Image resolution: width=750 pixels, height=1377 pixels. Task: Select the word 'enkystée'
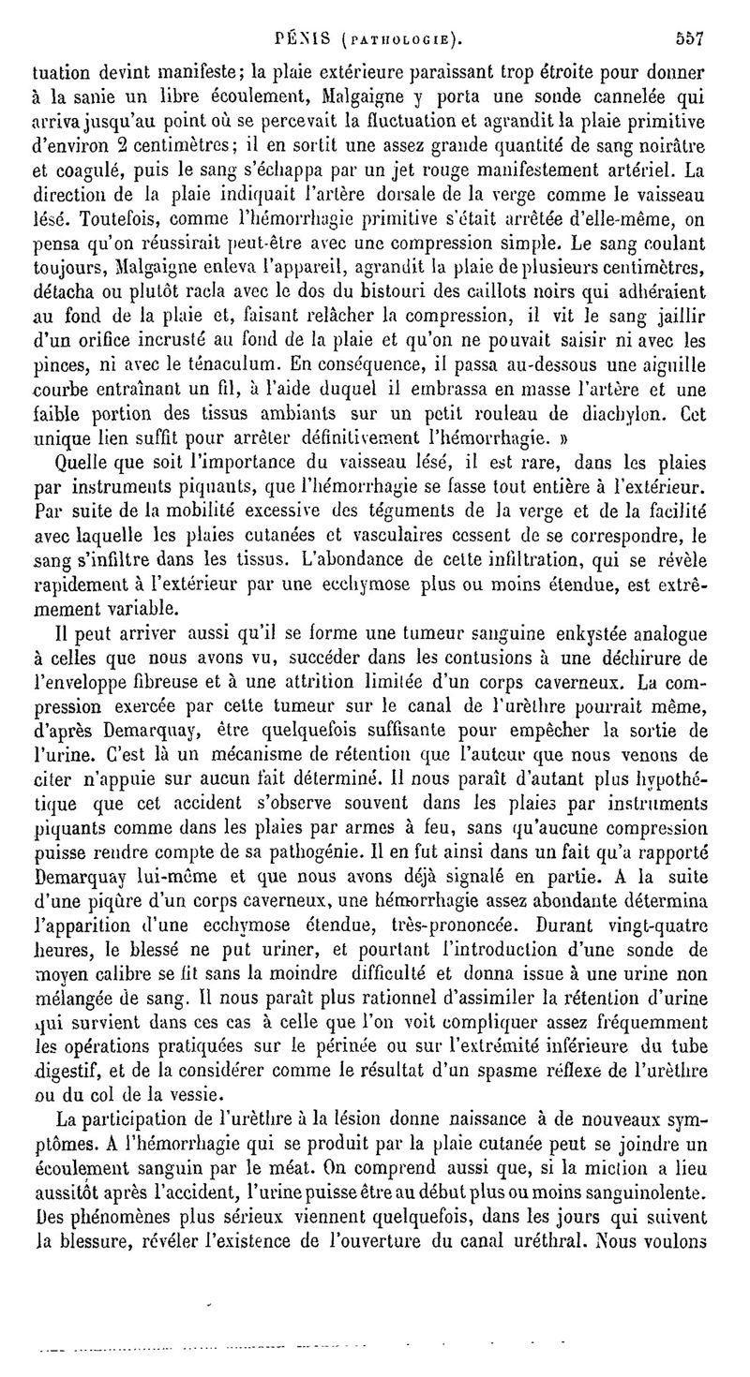[x=561, y=640]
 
